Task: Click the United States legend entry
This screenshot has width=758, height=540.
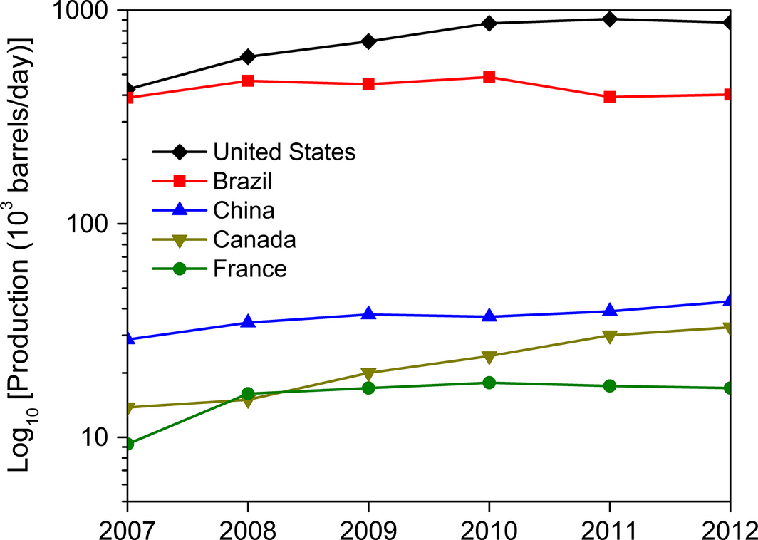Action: pos(284,152)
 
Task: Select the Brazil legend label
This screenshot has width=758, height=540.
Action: pos(242,181)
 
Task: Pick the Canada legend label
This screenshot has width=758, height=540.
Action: pos(254,239)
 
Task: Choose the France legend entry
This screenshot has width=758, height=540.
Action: pos(249,269)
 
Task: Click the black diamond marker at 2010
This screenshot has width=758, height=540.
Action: pos(489,24)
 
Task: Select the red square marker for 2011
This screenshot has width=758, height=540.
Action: pos(609,97)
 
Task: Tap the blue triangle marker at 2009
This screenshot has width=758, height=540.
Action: pos(368,313)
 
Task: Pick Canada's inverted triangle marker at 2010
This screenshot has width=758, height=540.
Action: pos(489,357)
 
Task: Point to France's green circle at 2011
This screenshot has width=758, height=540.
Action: pos(609,386)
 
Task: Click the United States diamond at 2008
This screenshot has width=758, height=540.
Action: pos(248,57)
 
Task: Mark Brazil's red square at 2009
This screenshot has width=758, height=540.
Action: pos(368,84)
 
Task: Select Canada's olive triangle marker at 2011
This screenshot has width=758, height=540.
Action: pos(609,336)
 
